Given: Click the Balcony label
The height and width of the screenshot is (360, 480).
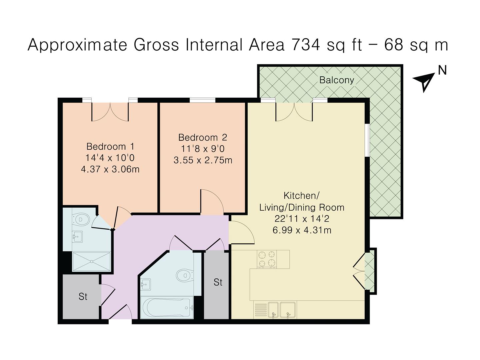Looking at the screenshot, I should coord(336,80).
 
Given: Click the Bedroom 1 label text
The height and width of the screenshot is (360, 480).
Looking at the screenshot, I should coord(110,146).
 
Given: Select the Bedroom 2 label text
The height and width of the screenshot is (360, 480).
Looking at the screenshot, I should coord(203,137).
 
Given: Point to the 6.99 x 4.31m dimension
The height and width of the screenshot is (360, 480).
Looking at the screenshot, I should coord(302,230).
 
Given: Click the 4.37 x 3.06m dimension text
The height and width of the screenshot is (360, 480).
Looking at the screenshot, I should coord(110,169).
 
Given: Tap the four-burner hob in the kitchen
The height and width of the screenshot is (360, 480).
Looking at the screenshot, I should coord(267,259).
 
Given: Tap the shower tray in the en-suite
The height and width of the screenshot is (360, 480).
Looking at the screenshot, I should coord(91,262).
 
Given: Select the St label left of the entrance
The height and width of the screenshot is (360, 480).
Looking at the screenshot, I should coord(83,296).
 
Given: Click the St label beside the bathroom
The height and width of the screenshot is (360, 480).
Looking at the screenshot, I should coord(218,282).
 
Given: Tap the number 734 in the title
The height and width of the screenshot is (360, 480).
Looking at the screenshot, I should coord(305,45).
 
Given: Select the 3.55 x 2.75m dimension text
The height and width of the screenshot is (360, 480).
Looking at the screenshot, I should coord(203,160).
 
